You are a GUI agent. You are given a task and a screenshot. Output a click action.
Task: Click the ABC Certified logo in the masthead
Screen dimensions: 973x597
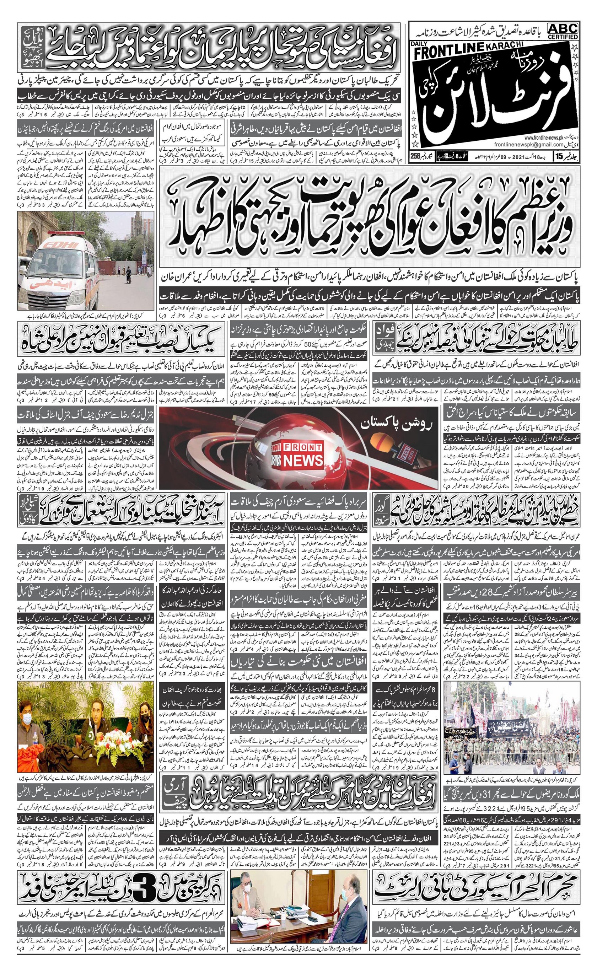pos(563,31)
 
